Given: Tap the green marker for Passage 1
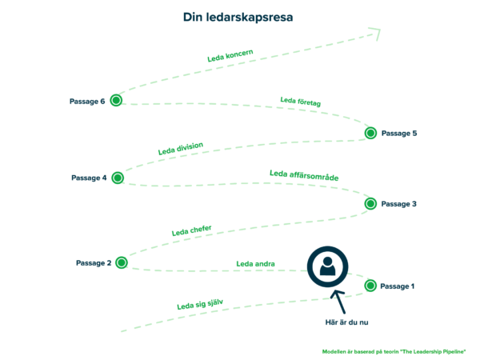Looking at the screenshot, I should tap(370, 286).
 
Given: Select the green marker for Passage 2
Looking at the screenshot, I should tap(122, 262).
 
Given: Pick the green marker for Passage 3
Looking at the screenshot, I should tap(370, 204).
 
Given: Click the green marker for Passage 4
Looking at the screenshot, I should tap(118, 178).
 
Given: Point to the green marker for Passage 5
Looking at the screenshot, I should tap(370, 133).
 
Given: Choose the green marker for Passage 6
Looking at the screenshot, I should tap(116, 100).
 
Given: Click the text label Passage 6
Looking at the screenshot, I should tap(87, 101).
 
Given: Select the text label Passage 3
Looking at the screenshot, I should tap(398, 204).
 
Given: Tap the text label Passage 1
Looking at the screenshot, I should tap(398, 286).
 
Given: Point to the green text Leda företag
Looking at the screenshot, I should tap(301, 101).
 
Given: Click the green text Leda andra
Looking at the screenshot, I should tap(255, 263).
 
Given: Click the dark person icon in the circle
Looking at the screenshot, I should tap(328, 266).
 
